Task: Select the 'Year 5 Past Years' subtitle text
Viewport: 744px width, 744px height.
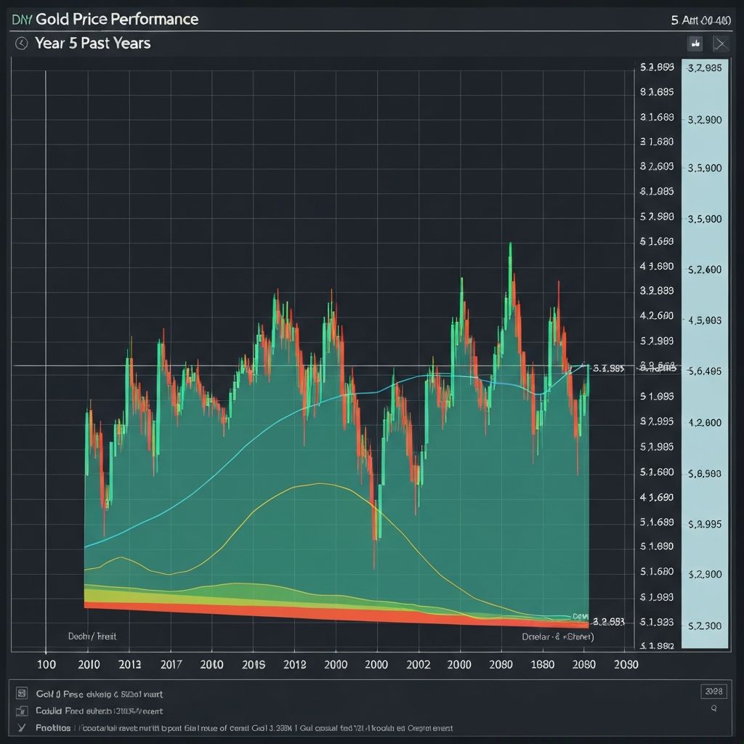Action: [92, 44]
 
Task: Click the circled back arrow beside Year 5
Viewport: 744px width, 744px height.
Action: [21, 44]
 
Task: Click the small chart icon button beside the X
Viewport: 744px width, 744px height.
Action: [695, 44]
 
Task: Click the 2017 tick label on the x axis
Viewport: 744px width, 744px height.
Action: [171, 664]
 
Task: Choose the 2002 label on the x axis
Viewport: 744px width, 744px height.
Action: [418, 664]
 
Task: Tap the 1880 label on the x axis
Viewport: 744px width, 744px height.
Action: [542, 664]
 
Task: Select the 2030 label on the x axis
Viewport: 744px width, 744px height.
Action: [626, 664]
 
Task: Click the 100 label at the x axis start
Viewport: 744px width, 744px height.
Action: [46, 664]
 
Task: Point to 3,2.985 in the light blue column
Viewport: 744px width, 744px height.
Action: [704, 68]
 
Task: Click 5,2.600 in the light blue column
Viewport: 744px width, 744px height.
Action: [704, 269]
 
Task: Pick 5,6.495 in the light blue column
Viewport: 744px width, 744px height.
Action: [704, 371]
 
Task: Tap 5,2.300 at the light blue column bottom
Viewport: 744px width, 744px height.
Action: [704, 625]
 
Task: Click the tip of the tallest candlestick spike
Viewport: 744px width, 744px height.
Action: [510, 244]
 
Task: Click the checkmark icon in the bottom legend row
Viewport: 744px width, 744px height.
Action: [21, 727]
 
